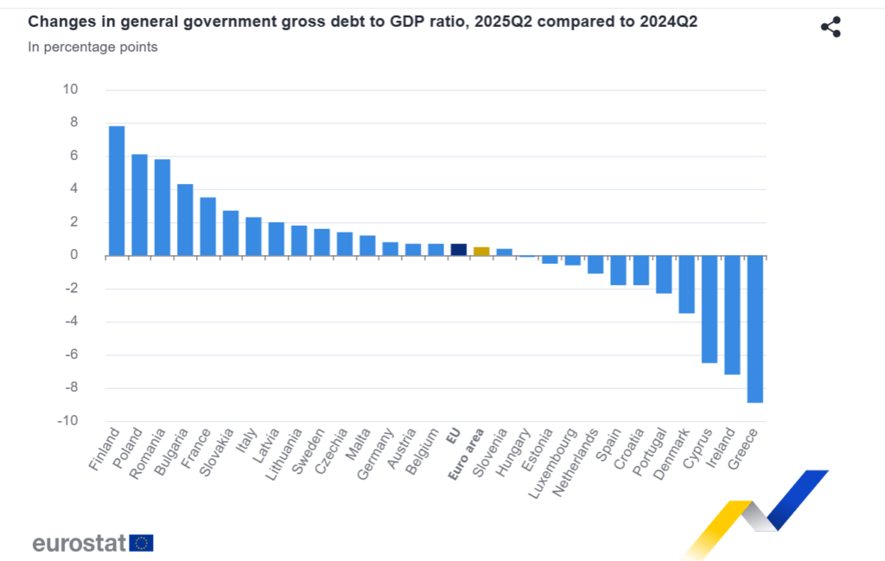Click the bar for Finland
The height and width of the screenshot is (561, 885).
coord(117,190)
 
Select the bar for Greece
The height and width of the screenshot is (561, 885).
coord(755,328)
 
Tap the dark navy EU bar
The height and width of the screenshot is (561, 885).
coord(459,250)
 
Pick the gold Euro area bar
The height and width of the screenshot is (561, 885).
coord(481,252)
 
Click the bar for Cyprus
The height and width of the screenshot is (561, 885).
coord(710,309)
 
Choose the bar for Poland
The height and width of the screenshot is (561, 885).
coord(139,205)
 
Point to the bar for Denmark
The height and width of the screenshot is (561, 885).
coord(687,284)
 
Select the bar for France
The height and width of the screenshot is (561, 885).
coord(207,226)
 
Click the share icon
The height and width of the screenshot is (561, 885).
coord(831,27)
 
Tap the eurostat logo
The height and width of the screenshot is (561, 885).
coord(92,543)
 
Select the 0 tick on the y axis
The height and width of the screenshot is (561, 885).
coord(74,255)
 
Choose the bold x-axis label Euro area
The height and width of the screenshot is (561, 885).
coord(468,454)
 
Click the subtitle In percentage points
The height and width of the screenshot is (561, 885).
coord(92,47)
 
